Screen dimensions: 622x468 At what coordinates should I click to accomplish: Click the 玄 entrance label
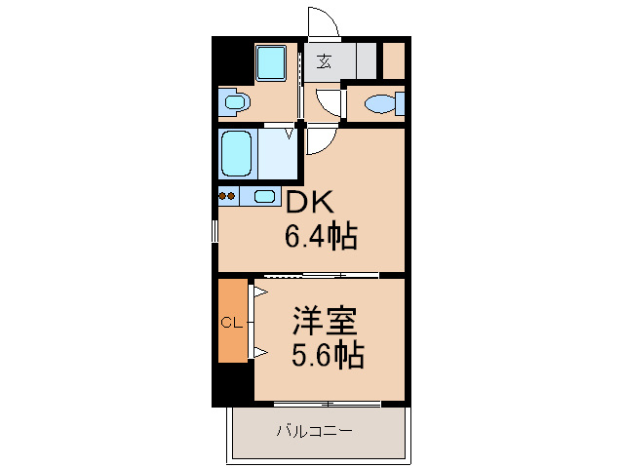pos(324,61)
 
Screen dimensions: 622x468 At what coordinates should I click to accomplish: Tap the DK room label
pos(310,202)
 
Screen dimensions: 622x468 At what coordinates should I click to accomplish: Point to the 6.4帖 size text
pos(321,236)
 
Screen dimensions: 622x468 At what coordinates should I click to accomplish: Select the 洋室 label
pos(325,321)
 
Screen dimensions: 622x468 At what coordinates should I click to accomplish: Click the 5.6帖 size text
pos(328,355)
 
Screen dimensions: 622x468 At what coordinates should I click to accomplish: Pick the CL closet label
pos(231,323)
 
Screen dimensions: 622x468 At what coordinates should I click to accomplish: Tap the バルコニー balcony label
pos(314,431)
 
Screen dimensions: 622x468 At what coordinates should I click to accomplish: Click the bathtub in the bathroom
pos(237,153)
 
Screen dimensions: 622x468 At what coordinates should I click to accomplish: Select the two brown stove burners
pos(227,196)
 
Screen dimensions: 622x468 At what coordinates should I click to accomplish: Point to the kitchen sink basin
pos(264,196)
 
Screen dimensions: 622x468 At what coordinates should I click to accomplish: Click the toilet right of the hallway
pos(384,103)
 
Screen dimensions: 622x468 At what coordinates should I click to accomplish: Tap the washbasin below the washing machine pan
pos(235,102)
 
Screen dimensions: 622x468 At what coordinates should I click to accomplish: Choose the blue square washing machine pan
pos(271,63)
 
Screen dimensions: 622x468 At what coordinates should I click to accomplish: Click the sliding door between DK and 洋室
pos(322,274)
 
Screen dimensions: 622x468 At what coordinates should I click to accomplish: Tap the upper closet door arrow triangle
pos(260,292)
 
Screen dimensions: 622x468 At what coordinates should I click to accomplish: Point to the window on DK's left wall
pos(215,231)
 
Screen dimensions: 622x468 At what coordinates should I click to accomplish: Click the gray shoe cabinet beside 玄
pos(366,60)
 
